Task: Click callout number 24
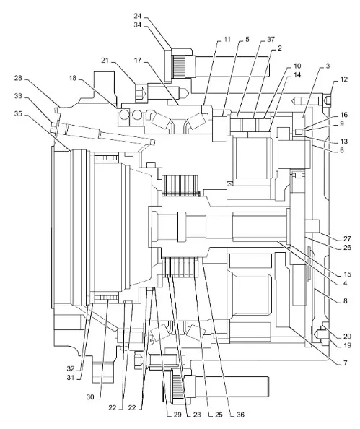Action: click(138, 16)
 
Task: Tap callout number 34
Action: click(138, 25)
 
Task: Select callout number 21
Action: click(105, 60)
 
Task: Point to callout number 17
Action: click(138, 60)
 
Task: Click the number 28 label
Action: click(18, 78)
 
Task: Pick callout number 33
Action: click(18, 96)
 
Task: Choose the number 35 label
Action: click(18, 113)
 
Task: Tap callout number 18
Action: click(72, 78)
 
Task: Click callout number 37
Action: click(271, 39)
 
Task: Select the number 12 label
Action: click(344, 79)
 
